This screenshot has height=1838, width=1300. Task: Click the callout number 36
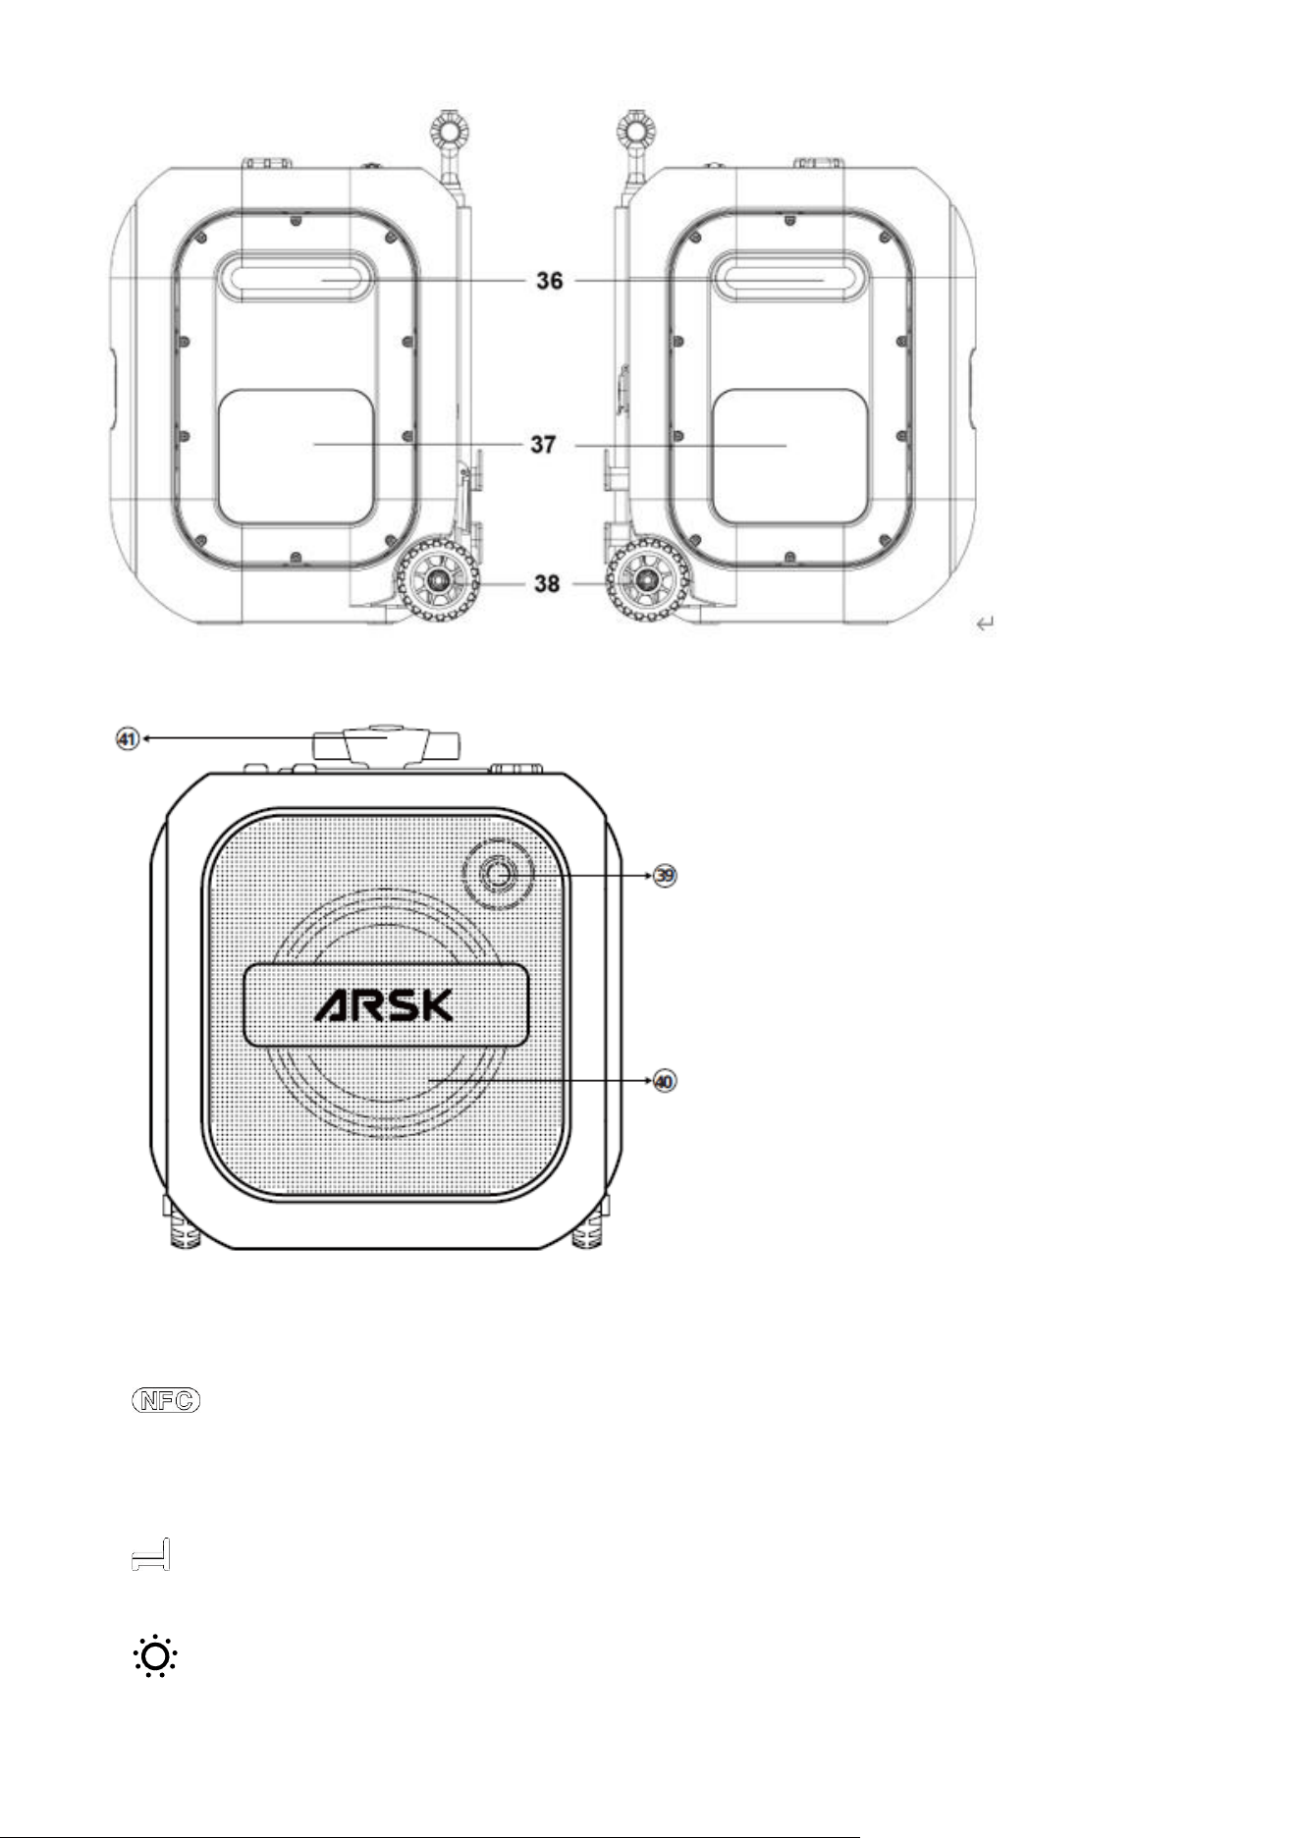[x=550, y=281]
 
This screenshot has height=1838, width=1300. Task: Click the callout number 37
[x=544, y=445]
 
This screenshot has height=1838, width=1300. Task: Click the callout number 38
[x=547, y=583]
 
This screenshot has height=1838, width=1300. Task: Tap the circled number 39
[x=666, y=876]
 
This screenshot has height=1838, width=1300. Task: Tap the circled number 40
[x=666, y=1081]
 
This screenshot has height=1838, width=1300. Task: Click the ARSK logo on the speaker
[x=384, y=1004]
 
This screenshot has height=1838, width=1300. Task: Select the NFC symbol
[x=165, y=1401]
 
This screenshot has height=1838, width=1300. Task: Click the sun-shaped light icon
[x=155, y=1656]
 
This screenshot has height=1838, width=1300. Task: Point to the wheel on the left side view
[x=437, y=581]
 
